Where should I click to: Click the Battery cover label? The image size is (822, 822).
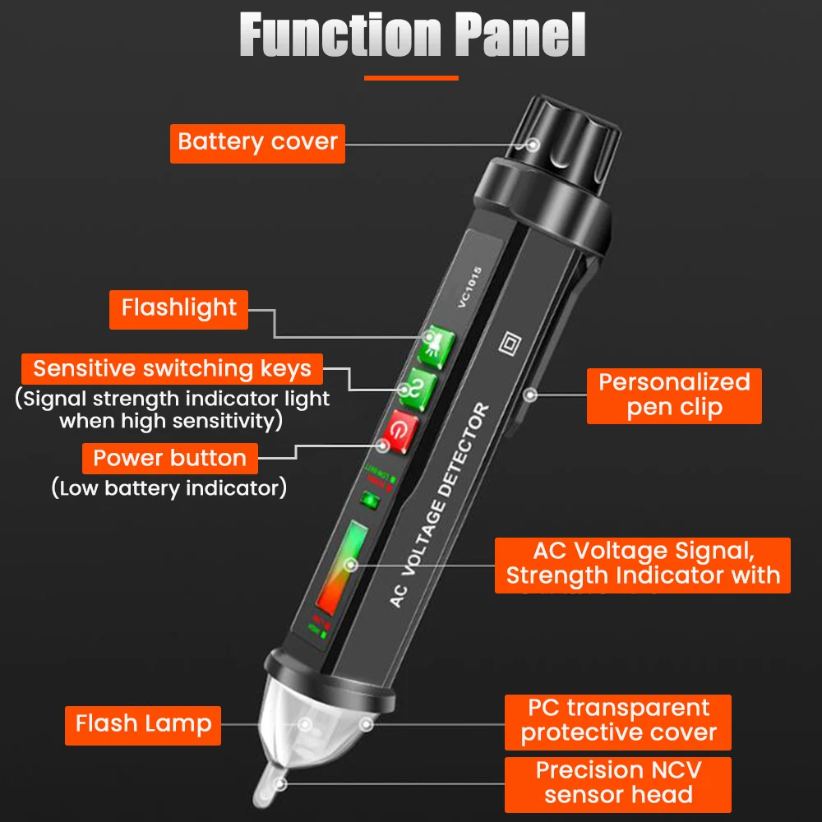[x=257, y=142]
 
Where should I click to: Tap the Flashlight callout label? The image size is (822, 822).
[x=179, y=308]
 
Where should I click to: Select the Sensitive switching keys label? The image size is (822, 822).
[x=173, y=368]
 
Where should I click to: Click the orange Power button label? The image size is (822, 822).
[x=169, y=458]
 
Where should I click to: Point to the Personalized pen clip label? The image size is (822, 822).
[x=674, y=395]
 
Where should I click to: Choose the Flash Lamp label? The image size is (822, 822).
[x=143, y=724]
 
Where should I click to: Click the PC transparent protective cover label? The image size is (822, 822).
[x=618, y=721]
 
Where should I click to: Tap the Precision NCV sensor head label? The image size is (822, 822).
[x=618, y=783]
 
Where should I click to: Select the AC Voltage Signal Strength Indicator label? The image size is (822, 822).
[x=643, y=564]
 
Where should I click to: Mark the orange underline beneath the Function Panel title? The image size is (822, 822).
[x=411, y=78]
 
